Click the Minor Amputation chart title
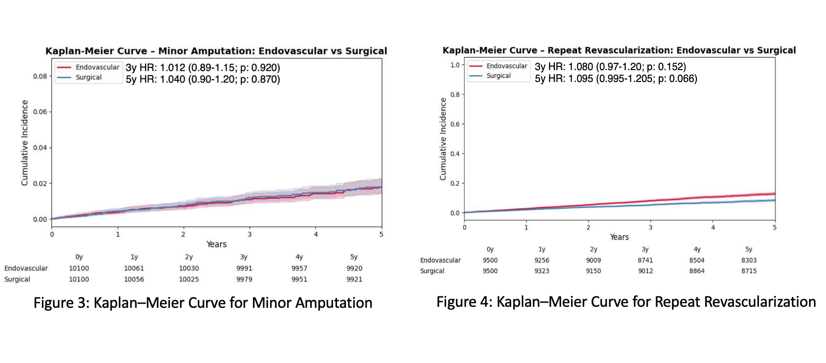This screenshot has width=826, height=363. (x=216, y=51)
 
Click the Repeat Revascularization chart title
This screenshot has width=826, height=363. (x=619, y=50)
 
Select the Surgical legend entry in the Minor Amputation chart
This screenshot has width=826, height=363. (x=88, y=77)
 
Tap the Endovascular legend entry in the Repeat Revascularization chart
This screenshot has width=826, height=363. (x=506, y=66)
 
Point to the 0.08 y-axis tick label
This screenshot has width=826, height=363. (x=40, y=76)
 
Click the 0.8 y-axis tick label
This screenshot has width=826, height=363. (x=454, y=94)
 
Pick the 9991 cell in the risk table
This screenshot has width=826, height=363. (x=244, y=268)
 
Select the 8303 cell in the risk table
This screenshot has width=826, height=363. (x=749, y=260)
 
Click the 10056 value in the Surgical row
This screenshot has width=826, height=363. (x=134, y=279)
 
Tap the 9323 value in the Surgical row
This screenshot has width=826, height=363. (x=542, y=271)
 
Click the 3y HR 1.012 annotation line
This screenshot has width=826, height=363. (x=203, y=68)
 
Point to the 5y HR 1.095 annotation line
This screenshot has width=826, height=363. (x=616, y=79)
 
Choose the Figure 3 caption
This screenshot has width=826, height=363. (x=203, y=303)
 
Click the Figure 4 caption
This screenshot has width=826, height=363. (x=626, y=302)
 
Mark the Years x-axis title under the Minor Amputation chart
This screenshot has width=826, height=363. (x=216, y=244)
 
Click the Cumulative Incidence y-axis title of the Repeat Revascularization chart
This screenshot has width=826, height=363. (x=443, y=139)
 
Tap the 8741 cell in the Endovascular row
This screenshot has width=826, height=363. (x=645, y=260)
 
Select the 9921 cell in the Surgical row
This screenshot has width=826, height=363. (x=354, y=279)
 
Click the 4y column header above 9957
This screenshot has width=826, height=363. (x=299, y=257)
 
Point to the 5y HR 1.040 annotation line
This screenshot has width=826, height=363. (x=203, y=79)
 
